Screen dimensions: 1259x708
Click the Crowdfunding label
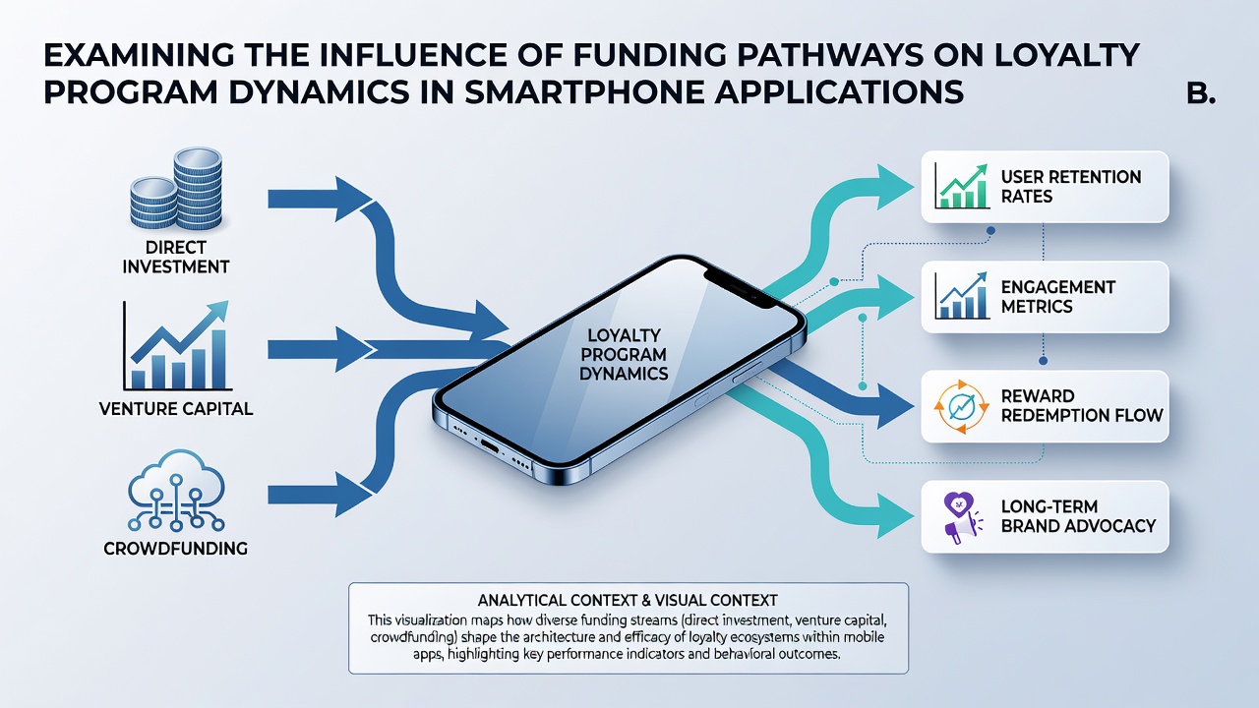click(175, 549)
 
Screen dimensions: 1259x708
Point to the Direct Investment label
click(175, 257)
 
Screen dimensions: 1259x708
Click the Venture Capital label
click(176, 408)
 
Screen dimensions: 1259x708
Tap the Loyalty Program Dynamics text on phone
click(624, 355)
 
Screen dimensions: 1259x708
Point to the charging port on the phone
click(490, 446)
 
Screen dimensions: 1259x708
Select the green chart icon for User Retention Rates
click(962, 187)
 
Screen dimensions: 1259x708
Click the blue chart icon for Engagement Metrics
click(962, 296)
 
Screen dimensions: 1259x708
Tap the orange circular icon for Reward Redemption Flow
click(961, 407)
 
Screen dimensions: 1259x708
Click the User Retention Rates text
click(1071, 187)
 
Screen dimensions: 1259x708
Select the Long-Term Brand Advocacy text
click(1078, 516)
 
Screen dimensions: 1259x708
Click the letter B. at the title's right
click(1201, 92)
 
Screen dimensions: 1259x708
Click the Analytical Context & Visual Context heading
click(628, 600)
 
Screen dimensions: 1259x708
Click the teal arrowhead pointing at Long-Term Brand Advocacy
click(895, 516)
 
